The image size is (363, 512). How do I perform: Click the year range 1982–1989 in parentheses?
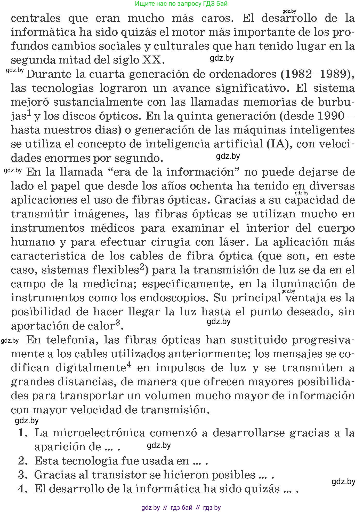click(x=317, y=74)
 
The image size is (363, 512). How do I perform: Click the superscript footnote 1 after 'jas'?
click(x=30, y=113)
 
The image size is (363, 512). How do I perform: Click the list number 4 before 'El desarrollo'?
click(x=23, y=489)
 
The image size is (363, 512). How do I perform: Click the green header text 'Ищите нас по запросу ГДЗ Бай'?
click(x=181, y=4)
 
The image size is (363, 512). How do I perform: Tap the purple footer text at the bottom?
click(x=181, y=507)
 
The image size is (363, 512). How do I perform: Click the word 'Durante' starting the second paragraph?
click(x=49, y=74)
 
